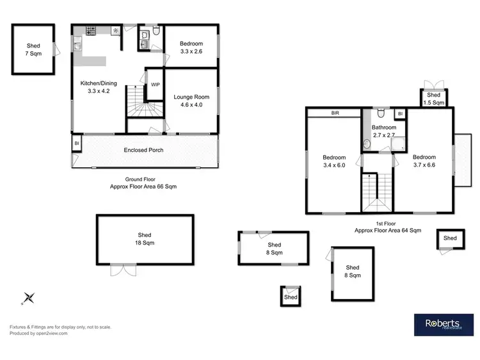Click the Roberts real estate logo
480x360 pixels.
point(442,324)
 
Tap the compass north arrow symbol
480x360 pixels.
point(29,297)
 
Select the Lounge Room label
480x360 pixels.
point(192,101)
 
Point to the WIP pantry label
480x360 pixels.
point(155,85)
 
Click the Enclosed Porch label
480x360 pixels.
point(143,150)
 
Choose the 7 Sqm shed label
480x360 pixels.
point(33,50)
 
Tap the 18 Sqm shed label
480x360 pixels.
point(145,239)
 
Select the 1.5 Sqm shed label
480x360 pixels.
point(434,99)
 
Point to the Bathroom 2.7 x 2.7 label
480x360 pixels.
point(384,131)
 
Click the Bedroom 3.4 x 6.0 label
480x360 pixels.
point(334,161)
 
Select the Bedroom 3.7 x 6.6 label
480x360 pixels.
point(424,161)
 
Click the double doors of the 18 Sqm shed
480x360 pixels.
point(123,270)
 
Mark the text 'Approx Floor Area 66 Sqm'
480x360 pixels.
point(143,186)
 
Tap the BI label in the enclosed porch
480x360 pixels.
point(77,143)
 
